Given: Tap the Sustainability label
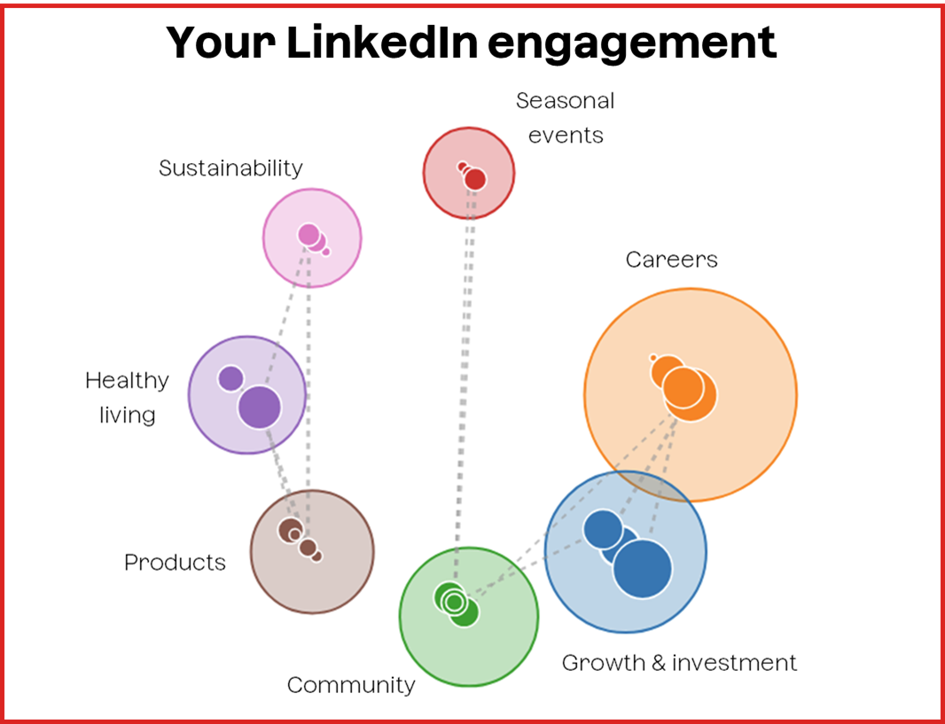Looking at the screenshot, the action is pos(230,167).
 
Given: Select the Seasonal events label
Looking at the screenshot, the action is pos(565,118).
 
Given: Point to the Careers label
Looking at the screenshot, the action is pos(671,259).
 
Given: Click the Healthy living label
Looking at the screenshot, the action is pos(127,397).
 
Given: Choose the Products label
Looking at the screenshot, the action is pos(175,562).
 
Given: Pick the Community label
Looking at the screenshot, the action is pos(351,684).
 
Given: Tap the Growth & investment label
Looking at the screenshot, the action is pos(679,662).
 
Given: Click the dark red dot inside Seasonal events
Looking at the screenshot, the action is pos(475,179).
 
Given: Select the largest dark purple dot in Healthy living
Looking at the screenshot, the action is pos(260,407).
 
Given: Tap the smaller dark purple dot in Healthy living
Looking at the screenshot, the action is pos(230,378).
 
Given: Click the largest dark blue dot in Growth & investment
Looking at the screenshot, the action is pos(642,568).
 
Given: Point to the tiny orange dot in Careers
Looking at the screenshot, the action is pos(653,358).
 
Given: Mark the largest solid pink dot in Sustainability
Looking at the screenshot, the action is pos(308,235).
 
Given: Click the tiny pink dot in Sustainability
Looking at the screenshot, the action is pos(326,252).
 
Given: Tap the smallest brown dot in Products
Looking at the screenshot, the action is pos(316,557).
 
